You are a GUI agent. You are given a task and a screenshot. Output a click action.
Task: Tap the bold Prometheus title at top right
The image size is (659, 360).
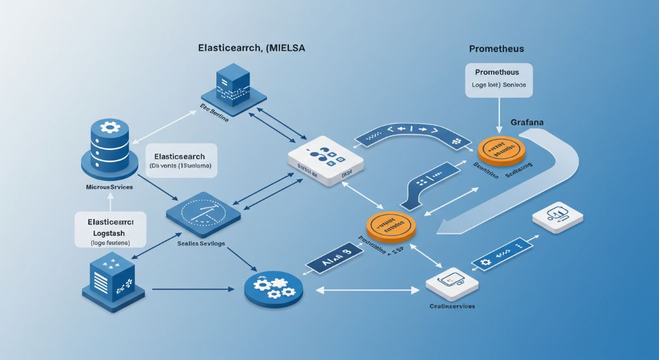[496, 49]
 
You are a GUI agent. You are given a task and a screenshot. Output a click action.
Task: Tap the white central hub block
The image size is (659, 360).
[325, 161]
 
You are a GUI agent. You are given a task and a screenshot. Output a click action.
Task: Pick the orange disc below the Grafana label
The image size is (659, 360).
[502, 149]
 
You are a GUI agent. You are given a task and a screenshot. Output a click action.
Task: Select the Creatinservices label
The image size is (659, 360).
[452, 306]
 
